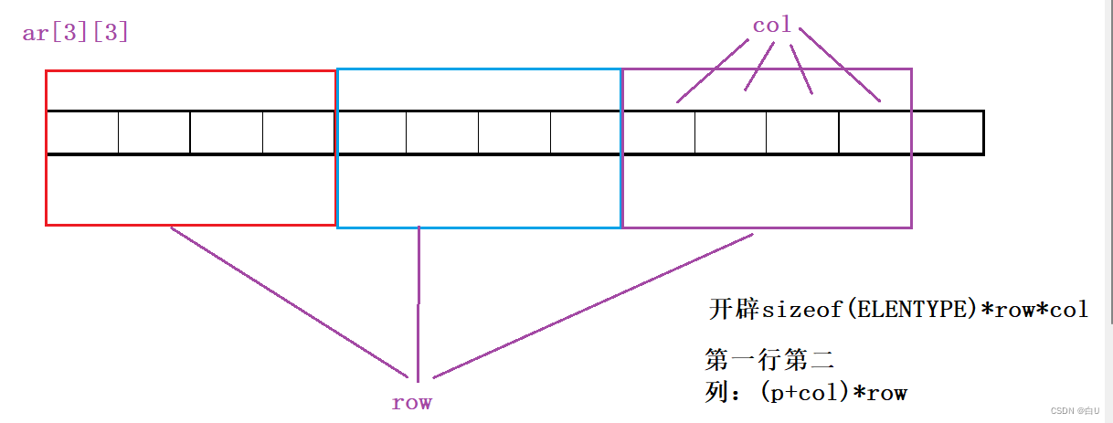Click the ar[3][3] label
tap(75, 34)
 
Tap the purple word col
tap(771, 26)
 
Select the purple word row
tap(411, 402)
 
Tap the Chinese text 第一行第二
tap(757, 359)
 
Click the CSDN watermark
tap(1076, 411)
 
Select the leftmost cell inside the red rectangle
tap(82, 133)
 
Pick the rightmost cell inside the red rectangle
tap(299, 133)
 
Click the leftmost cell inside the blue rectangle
tap(372, 133)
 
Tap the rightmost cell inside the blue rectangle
tap(585, 133)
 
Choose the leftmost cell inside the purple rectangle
tap(659, 133)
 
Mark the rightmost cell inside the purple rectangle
tap(874, 133)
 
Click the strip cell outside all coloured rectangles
tap(947, 133)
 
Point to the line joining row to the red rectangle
tap(288, 302)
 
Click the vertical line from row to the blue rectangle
tap(419, 301)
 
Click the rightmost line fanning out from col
tap(841, 70)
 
